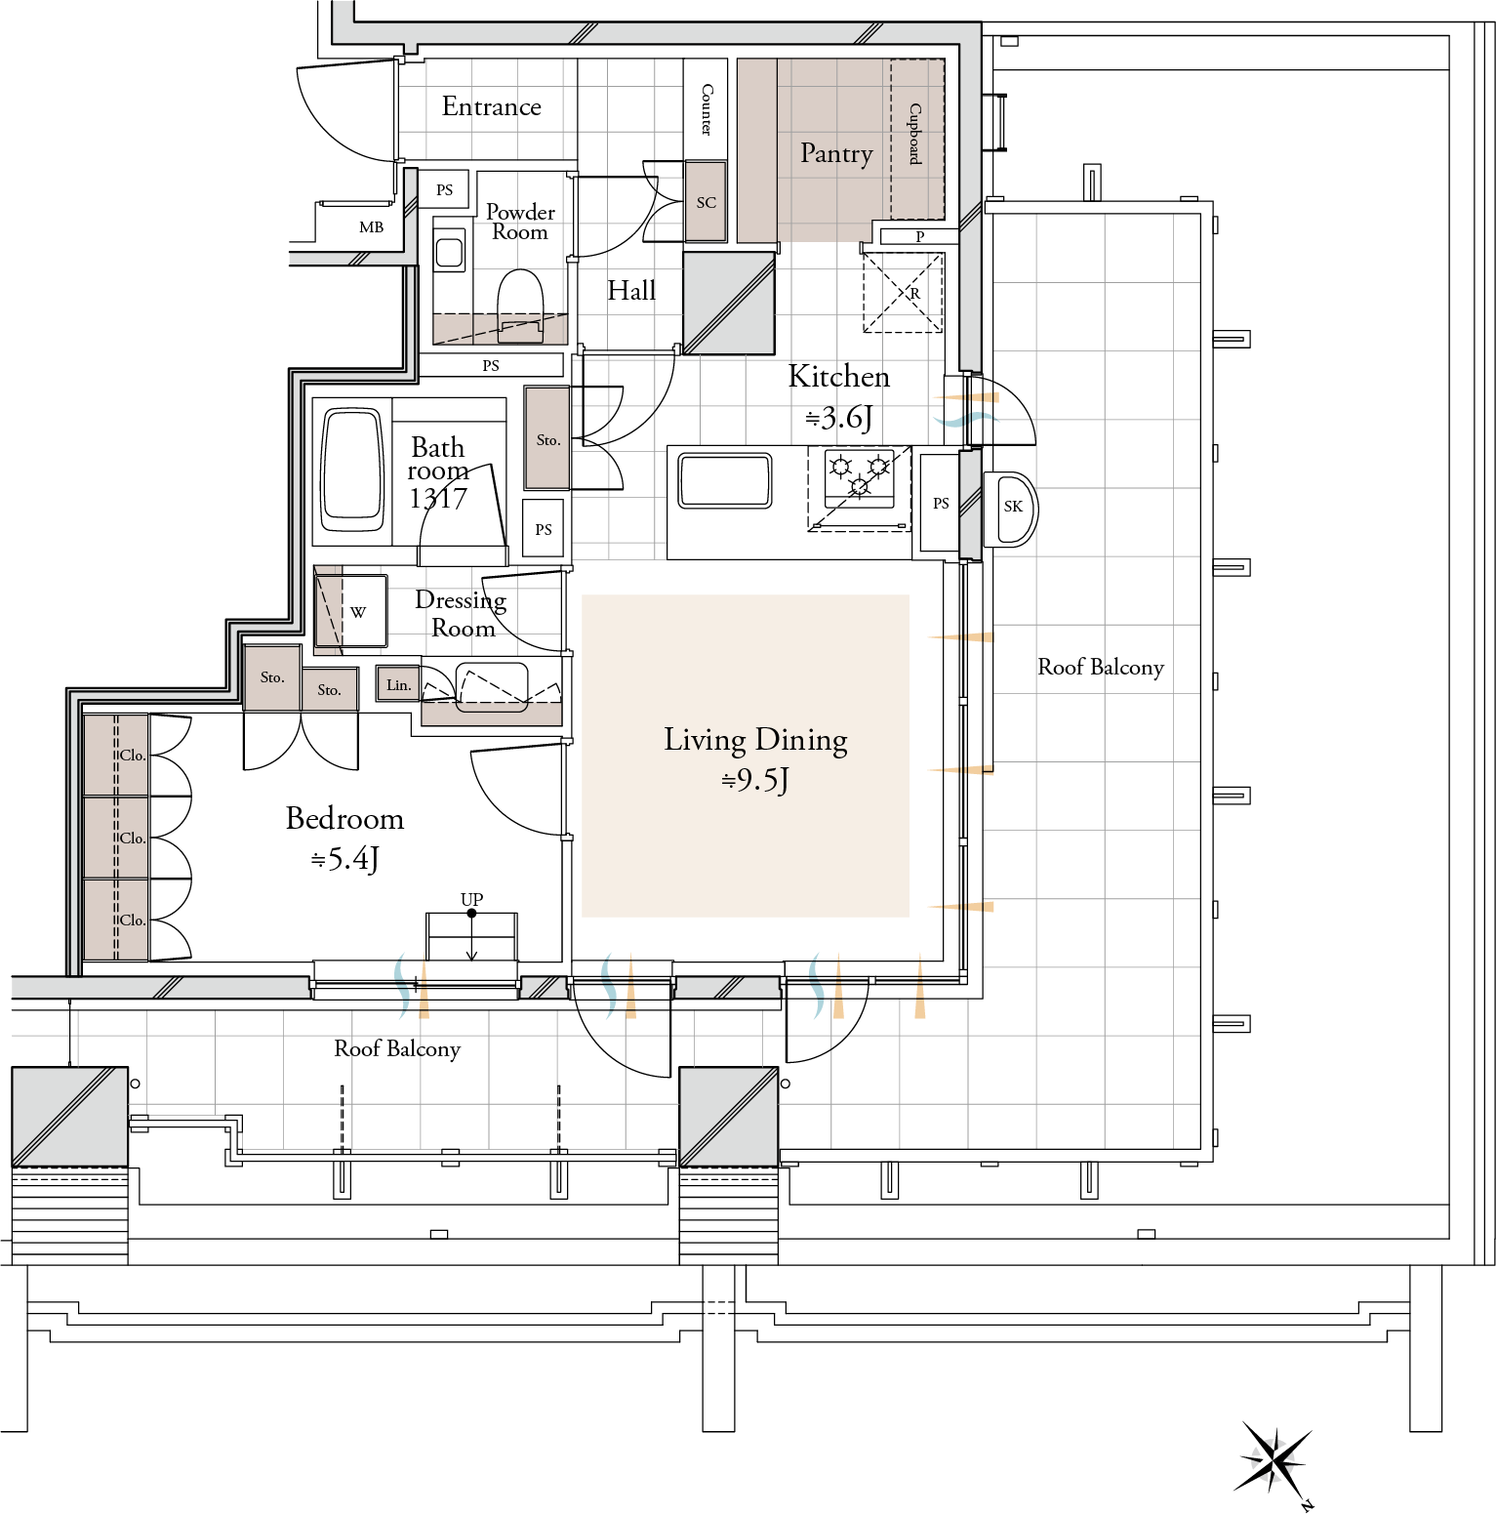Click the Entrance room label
coord(491,106)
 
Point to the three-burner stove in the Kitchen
coord(860,477)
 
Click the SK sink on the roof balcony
coord(1010,509)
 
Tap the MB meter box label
coord(371,227)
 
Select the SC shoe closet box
coord(706,202)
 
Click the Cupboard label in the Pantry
coord(915,134)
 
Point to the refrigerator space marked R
coord(903,293)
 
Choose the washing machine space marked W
coord(351,612)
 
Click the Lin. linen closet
coord(398,685)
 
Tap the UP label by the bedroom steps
coord(471,899)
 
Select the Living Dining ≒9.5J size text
coord(755,780)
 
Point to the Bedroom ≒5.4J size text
coord(344,859)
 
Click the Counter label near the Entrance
coord(707,109)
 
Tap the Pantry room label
coord(836,153)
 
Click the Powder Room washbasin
coord(449,253)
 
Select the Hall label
coord(631,290)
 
